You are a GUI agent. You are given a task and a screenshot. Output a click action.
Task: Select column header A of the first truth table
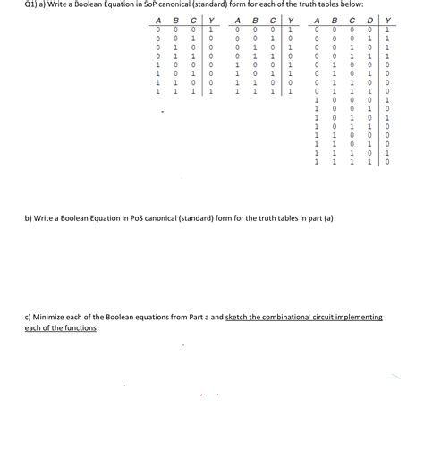(157, 21)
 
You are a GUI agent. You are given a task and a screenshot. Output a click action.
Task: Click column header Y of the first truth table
(210, 21)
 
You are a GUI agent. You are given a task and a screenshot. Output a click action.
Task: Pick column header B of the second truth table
(254, 21)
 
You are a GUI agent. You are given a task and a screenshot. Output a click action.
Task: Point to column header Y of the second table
(291, 21)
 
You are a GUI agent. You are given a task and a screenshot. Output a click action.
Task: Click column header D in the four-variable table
(370, 21)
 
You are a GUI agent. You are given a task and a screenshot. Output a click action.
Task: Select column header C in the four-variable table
(353, 21)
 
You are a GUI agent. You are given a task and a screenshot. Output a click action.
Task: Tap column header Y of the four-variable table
(387, 21)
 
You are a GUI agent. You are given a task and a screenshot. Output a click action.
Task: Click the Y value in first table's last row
(210, 90)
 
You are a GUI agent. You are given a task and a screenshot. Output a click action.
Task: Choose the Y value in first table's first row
(210, 31)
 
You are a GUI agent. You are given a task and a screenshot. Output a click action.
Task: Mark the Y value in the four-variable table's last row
(387, 162)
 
